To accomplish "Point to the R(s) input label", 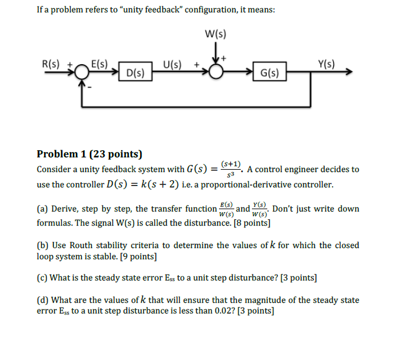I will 53,64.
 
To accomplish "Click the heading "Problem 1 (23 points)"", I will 89,154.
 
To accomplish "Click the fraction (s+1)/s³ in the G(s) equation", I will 231,170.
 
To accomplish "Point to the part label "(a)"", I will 42,209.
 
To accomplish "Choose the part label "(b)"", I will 42,246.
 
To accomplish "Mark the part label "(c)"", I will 42,278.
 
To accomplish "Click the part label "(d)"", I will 42,300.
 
